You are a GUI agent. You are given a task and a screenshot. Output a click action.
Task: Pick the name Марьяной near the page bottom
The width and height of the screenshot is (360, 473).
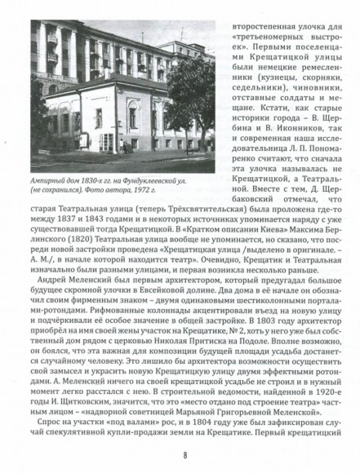pos(214,414)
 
